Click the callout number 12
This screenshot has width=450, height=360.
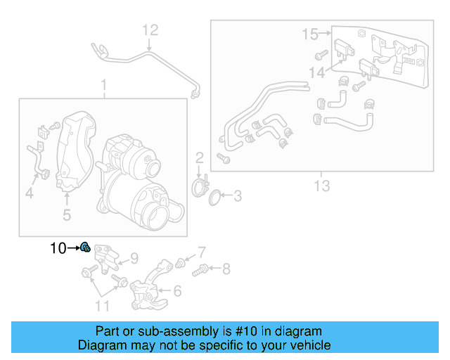point(151,30)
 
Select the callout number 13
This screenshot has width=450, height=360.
point(321,186)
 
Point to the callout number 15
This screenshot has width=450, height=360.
point(310,33)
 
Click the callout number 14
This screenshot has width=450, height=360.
point(316,72)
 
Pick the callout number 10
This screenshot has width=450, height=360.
point(58,247)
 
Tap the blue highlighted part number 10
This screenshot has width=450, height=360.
point(84,247)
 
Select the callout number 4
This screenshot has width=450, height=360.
point(30,193)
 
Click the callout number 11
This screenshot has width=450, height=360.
point(103,305)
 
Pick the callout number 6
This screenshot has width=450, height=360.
point(177,290)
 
